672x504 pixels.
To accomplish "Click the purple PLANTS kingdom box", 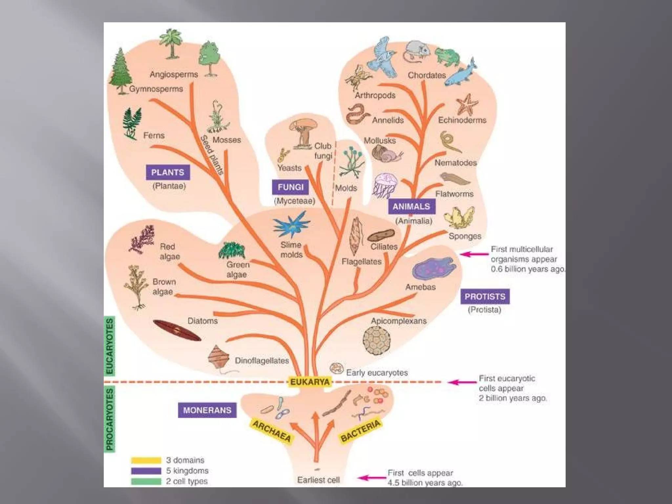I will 168,172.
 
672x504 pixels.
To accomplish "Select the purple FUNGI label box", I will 290,187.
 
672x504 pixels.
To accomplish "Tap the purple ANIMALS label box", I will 411,206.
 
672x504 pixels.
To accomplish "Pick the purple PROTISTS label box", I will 485,296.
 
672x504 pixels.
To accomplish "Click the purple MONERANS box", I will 207,410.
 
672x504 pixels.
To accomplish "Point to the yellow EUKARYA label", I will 310,382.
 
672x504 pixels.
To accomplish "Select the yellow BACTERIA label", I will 361,430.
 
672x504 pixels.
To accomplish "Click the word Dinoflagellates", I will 262,361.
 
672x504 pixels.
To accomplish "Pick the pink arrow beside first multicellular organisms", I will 474,254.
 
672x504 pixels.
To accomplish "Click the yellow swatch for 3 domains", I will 146,460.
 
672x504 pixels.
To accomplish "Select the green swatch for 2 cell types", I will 146,481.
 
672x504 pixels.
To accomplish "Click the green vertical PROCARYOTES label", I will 110,419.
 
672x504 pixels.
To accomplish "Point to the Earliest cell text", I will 318,480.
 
